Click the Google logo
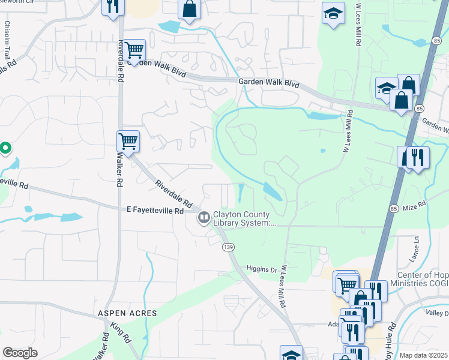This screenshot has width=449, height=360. (20, 353)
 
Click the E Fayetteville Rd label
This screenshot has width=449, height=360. (155, 211)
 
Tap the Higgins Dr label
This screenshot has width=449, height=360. (262, 269)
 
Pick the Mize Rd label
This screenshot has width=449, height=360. (414, 205)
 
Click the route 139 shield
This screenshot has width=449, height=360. (228, 247)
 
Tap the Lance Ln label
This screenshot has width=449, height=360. (415, 245)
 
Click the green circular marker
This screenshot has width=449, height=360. (5, 147)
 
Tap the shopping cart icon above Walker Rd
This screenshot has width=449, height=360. (128, 141)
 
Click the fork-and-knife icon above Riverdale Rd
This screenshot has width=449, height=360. (112, 7)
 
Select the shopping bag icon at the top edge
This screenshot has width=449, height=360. (188, 9)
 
